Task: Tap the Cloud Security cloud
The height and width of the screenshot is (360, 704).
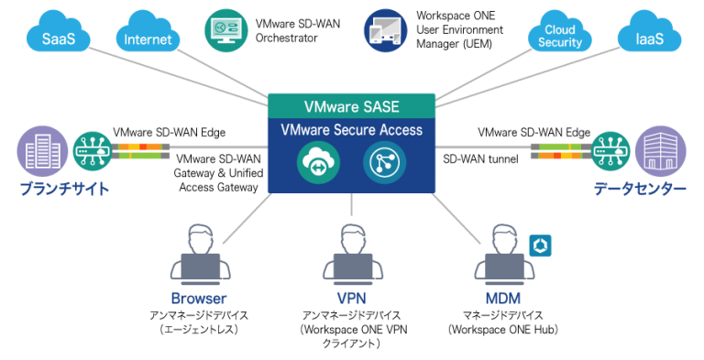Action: pos(559,36)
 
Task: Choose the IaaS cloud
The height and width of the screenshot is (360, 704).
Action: pos(649,38)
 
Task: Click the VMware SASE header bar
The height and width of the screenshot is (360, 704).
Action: pos(351,105)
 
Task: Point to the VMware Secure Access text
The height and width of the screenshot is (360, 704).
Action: pos(351,130)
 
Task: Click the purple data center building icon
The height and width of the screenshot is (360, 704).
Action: pos(660,149)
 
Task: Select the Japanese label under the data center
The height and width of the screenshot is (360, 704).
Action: pos(641,189)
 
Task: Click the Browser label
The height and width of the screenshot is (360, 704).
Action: pos(198,299)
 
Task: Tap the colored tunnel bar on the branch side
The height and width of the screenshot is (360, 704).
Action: pos(141,149)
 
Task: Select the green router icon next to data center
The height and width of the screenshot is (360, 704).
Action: pos(610,149)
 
